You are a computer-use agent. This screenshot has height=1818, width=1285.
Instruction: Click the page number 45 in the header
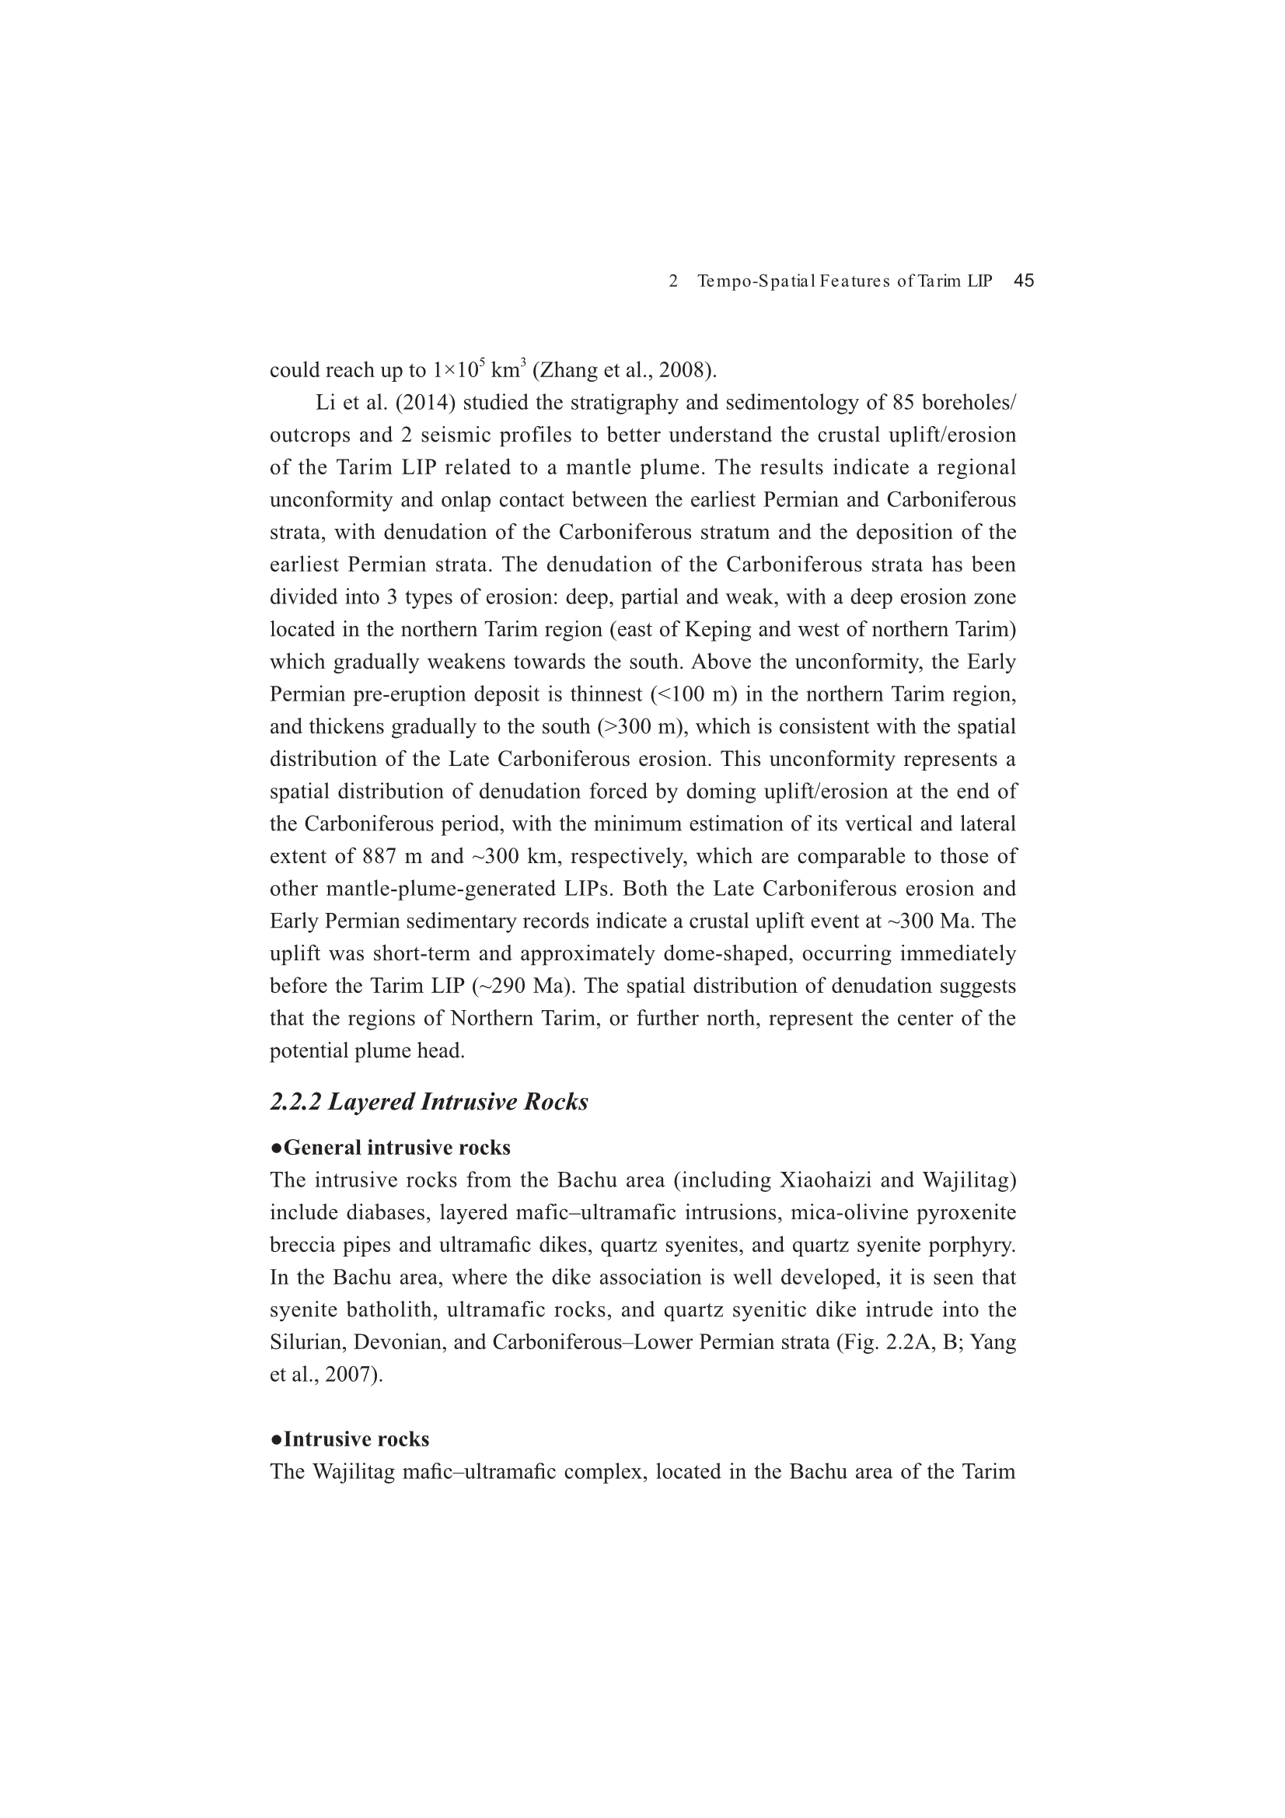1024,281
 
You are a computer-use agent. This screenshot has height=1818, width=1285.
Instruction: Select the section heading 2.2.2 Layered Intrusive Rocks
429,1102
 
